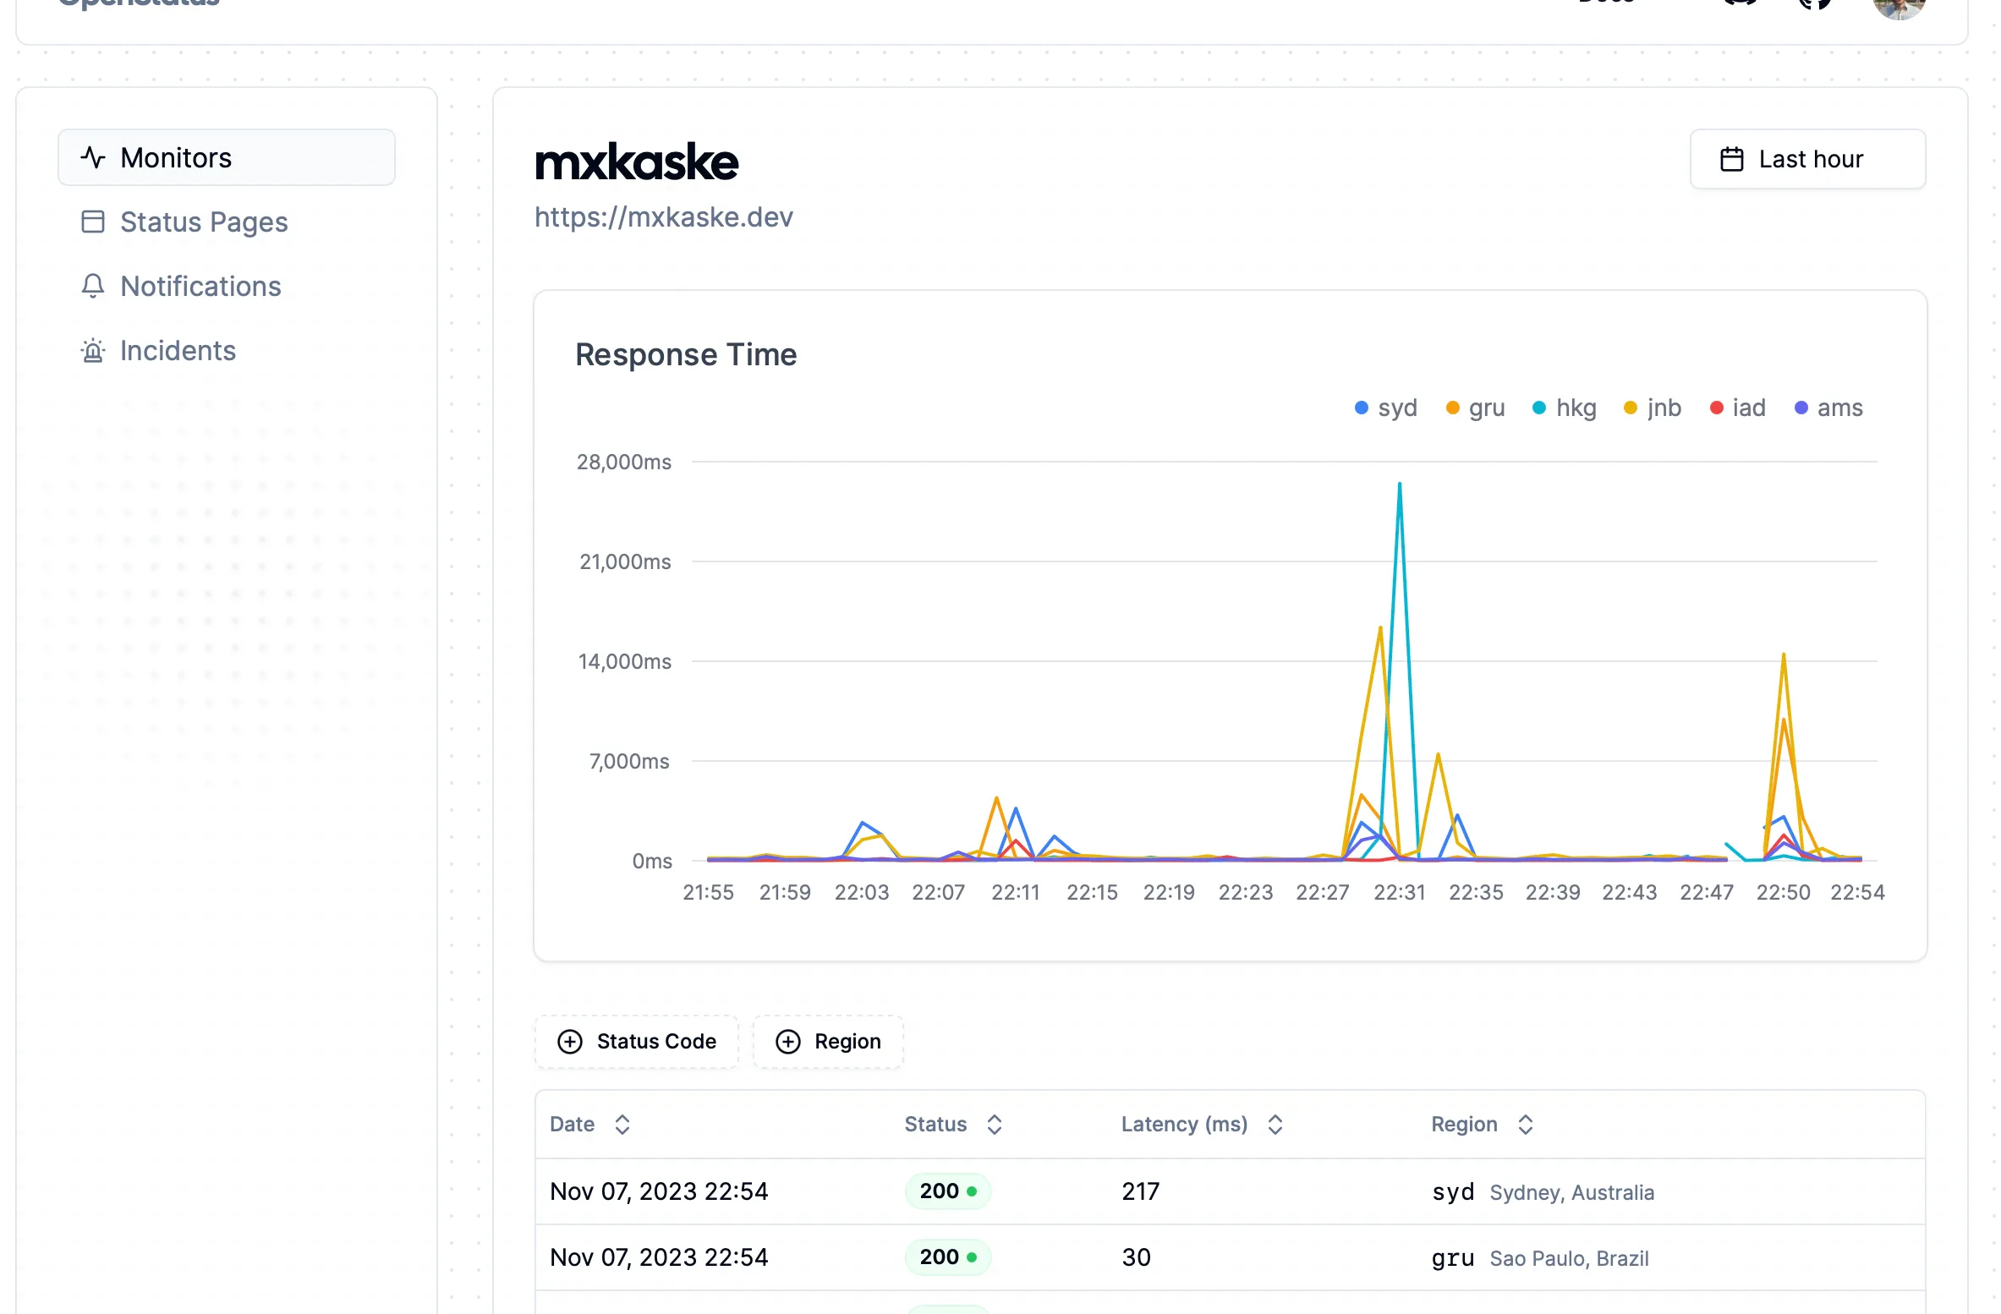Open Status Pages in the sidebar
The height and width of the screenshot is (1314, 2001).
[203, 222]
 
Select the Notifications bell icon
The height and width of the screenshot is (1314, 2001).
[93, 287]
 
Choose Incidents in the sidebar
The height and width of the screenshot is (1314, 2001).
[178, 351]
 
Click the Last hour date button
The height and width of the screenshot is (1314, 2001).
[1807, 159]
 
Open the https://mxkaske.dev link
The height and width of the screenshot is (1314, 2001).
[664, 217]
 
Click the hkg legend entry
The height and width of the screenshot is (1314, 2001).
[1565, 408]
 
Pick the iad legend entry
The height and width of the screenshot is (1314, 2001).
[1738, 408]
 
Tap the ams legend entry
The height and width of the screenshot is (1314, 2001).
[1828, 408]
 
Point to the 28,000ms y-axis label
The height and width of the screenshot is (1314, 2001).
[624, 463]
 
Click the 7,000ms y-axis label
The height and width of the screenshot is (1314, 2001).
[629, 762]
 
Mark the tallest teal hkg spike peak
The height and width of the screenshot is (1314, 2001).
[1400, 485]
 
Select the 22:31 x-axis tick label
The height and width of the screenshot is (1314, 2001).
[1399, 893]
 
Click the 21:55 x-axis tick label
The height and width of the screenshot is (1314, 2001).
[708, 893]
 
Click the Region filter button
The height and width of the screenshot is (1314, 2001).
[829, 1042]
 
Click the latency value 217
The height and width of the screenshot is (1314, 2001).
[1140, 1191]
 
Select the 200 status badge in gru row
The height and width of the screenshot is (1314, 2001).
[947, 1257]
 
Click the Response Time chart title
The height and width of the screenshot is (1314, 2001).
[686, 355]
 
